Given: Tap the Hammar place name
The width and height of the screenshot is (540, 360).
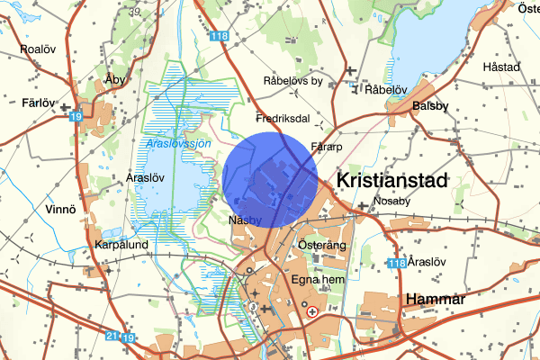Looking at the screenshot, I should point(434,299).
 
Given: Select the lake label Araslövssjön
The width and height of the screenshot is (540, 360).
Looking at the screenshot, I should point(177,144).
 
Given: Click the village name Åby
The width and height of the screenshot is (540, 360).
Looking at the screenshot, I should point(113,78).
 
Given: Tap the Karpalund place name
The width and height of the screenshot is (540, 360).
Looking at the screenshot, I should point(120,244).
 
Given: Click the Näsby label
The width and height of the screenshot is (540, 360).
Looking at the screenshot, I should point(245,220).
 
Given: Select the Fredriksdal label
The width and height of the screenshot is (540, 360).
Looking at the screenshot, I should point(283,118).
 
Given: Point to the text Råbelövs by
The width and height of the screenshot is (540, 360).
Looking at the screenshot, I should point(292,81).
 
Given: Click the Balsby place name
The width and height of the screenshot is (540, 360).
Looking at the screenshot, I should point(429,105).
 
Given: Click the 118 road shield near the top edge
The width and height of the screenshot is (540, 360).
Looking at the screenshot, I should point(219,37).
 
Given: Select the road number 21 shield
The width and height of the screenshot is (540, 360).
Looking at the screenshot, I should point(111,336).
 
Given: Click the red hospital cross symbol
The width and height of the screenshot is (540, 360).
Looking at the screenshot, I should point(312,312).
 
